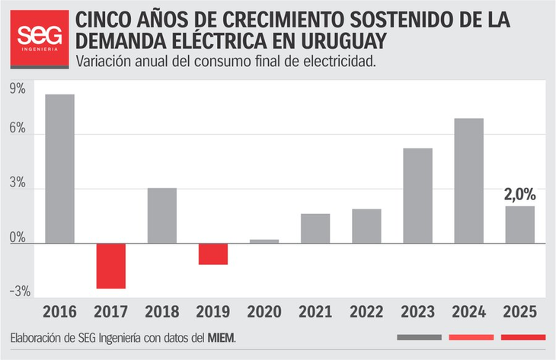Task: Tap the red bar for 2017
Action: [110, 266]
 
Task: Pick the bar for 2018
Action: [161, 215]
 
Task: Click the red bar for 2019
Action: [212, 254]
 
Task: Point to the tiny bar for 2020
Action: [264, 241]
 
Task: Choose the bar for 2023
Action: [417, 196]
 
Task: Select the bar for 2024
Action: [468, 180]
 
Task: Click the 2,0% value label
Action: [519, 194]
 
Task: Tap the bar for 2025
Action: [519, 225]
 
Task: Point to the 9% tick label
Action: [17, 89]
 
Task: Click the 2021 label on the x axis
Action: [315, 312]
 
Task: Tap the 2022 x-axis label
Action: [366, 312]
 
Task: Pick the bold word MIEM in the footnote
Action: [221, 338]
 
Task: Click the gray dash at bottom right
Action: [419, 337]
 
